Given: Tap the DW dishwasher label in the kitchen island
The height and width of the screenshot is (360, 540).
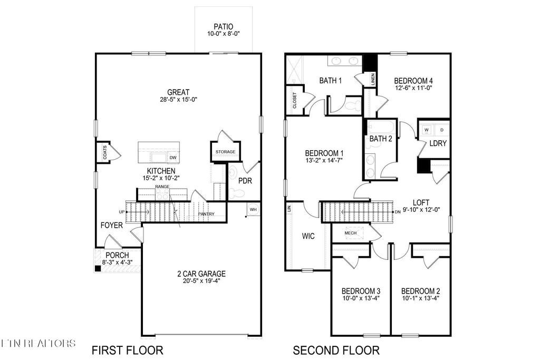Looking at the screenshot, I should pyautogui.click(x=172, y=158).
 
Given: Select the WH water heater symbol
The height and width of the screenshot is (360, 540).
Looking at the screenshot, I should pyautogui.click(x=253, y=209).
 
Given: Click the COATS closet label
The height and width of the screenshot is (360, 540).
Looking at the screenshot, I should pyautogui.click(x=105, y=153).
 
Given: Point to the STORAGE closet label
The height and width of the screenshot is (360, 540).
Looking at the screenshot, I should pyautogui.click(x=225, y=152).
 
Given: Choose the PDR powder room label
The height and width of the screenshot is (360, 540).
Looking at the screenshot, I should pyautogui.click(x=245, y=181).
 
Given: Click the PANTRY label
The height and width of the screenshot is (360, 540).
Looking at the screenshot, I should pyautogui.click(x=206, y=214).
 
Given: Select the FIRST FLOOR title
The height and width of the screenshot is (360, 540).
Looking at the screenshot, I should pyautogui.click(x=127, y=350).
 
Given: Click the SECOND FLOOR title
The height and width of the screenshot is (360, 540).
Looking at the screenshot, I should pyautogui.click(x=336, y=350).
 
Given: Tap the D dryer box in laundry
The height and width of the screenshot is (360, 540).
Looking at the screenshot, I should pyautogui.click(x=441, y=129).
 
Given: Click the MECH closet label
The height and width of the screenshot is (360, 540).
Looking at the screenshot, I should pyautogui.click(x=351, y=232).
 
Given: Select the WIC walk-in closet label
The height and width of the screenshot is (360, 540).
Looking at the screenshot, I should pyautogui.click(x=308, y=236).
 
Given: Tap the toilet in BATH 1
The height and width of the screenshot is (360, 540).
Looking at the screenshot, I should pyautogui.click(x=352, y=104).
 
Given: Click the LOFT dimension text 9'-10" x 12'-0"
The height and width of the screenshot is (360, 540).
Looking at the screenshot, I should pyautogui.click(x=421, y=209).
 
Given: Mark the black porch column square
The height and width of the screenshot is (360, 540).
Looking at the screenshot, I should pyautogui.click(x=98, y=268).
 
